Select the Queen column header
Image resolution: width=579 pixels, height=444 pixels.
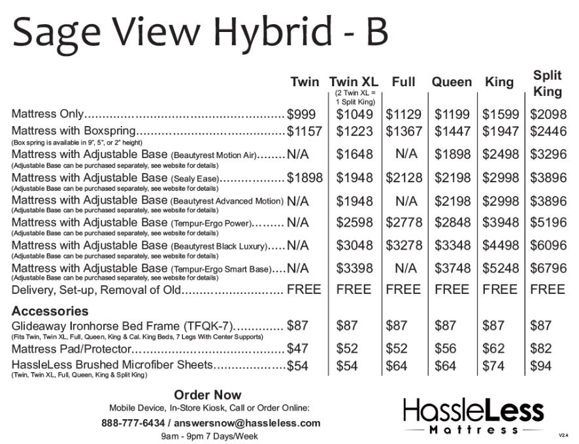coord(451,82)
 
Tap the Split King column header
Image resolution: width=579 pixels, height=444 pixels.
coord(548,83)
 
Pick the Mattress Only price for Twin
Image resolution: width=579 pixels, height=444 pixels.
coord(301,114)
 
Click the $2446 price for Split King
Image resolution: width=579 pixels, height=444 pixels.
coord(548,131)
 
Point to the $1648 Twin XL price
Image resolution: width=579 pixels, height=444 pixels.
coord(354,155)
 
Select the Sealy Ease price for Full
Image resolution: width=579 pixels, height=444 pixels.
coord(403,178)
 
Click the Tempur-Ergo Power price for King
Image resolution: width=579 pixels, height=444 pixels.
coord(501,223)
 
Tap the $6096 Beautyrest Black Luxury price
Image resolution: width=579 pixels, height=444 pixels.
coord(548,246)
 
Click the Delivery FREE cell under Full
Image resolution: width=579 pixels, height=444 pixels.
coord(403,289)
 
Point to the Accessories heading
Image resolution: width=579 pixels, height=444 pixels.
coord(50,311)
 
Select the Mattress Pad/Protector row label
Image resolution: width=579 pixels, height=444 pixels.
coord(71,349)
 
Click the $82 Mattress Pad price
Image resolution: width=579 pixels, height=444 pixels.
coord(540,349)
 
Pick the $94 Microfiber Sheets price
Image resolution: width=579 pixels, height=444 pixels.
coord(540,366)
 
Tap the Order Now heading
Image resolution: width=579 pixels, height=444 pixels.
coord(207,395)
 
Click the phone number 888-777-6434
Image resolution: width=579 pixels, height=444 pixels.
coord(133,422)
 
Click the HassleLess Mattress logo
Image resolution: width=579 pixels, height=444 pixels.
coord(473,416)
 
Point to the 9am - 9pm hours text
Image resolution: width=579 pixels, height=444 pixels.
coord(209,436)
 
